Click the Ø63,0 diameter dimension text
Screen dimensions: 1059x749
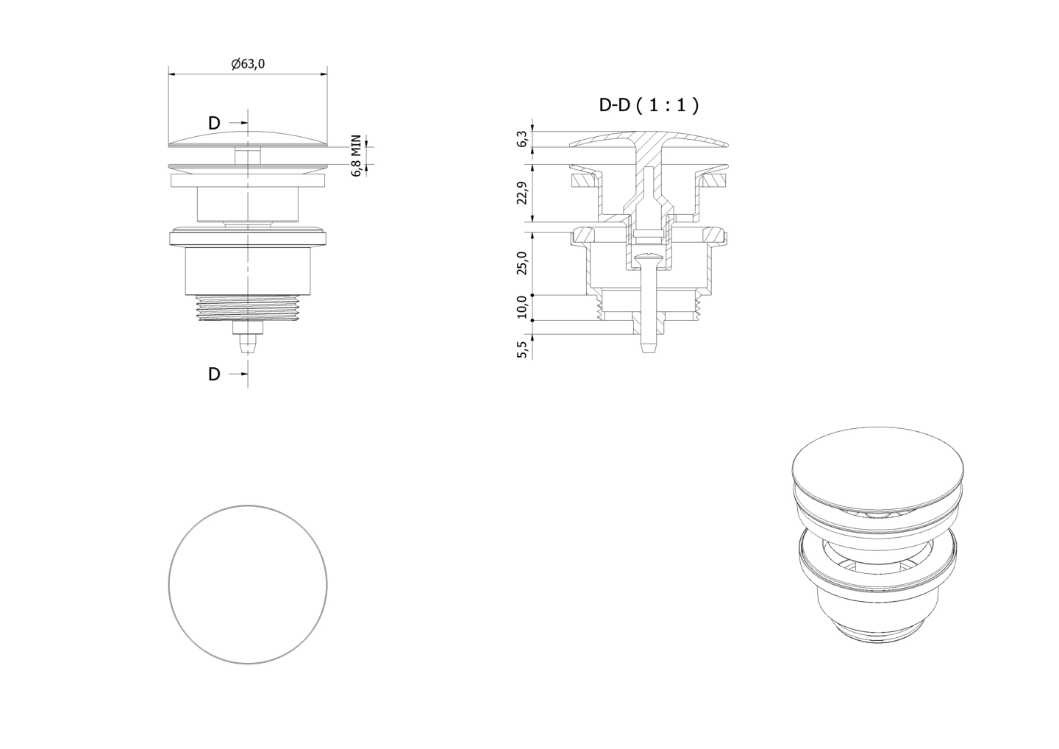click(248, 64)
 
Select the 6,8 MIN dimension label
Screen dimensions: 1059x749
click(357, 155)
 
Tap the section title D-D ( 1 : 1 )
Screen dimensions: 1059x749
click(649, 105)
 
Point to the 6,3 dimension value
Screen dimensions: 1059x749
click(522, 139)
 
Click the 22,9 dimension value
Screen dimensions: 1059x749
click(522, 193)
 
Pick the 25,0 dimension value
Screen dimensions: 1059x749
click(522, 263)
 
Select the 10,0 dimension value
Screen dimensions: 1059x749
click(522, 307)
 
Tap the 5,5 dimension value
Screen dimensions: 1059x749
click(522, 349)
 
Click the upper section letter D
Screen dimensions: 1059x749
click(214, 124)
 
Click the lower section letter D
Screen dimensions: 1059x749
click(214, 374)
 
